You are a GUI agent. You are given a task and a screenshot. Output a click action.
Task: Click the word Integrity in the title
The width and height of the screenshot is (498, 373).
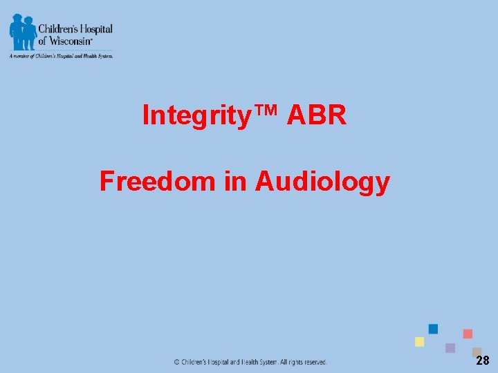click(x=195, y=115)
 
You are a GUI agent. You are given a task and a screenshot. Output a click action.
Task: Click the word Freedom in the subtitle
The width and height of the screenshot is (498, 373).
click(x=158, y=181)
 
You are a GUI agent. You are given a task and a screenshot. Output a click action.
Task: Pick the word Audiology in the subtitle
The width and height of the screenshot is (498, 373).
click(x=322, y=182)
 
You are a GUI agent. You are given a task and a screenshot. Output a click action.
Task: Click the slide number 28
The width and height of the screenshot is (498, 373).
click(x=482, y=361)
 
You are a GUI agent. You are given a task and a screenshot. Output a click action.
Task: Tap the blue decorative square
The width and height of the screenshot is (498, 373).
click(x=434, y=329)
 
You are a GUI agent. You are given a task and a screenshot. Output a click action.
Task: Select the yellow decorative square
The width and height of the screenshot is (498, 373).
click(x=419, y=341)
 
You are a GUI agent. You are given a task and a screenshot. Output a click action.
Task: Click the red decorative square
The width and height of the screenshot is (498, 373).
click(x=468, y=334)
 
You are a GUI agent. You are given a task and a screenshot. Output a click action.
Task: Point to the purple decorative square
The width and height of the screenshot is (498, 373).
click(x=450, y=348)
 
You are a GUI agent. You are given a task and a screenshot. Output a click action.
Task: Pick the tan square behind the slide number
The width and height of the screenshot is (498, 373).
click(x=476, y=352)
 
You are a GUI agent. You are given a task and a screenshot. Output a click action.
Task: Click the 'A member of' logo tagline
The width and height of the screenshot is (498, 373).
click(x=60, y=56)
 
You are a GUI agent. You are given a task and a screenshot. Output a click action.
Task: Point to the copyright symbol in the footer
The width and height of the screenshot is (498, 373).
click(x=176, y=361)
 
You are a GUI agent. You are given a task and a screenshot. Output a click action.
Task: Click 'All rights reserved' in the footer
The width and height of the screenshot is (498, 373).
click(x=303, y=361)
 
